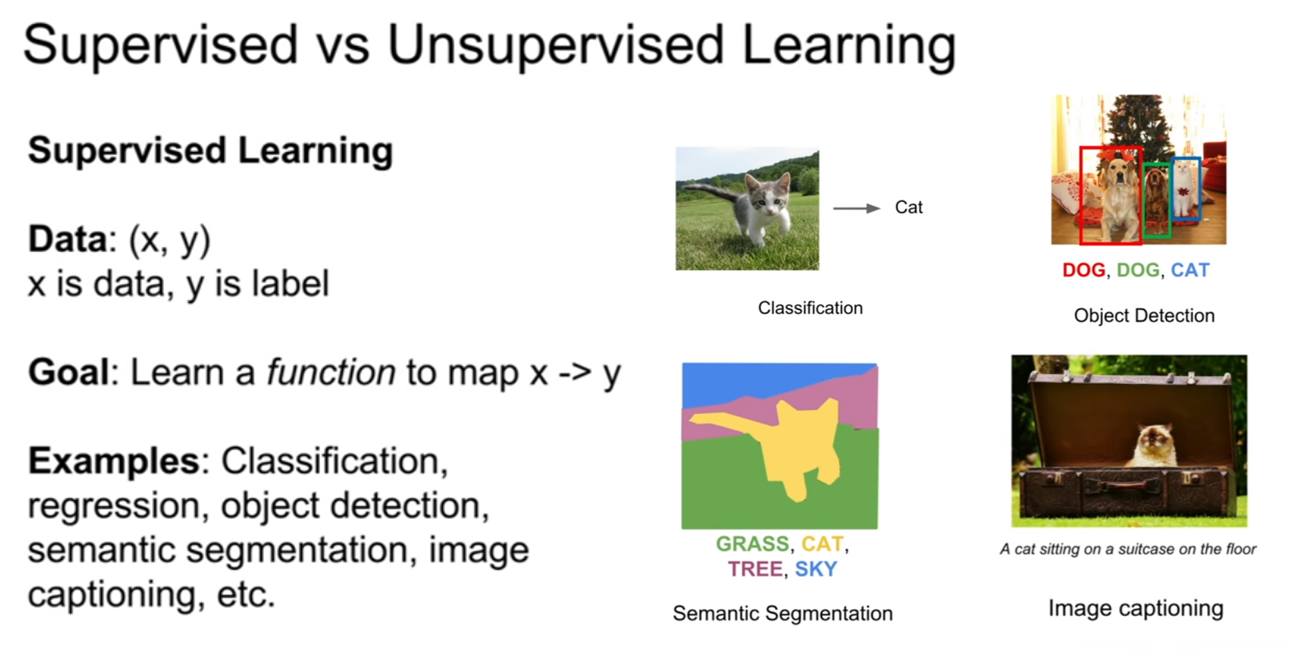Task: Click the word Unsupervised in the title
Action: point(555,45)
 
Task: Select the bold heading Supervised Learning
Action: point(210,151)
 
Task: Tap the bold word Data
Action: point(67,239)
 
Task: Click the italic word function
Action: point(331,371)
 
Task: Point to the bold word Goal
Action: point(68,371)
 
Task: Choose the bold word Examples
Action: point(114,461)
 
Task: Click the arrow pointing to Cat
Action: point(857,209)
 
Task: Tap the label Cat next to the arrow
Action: point(908,207)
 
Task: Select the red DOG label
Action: point(1084,270)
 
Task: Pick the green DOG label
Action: point(1138,270)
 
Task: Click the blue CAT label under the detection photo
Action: point(1190,270)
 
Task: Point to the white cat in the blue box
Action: point(1184,187)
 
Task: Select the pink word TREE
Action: point(754,569)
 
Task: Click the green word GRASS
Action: point(752,544)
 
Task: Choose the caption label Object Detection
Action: point(1144,316)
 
